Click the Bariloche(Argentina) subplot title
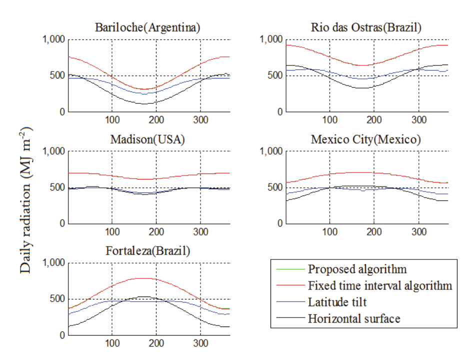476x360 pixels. point(147,28)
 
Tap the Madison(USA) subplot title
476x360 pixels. point(147,139)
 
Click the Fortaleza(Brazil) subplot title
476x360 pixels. point(147,251)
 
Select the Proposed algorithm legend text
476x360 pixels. point(357,269)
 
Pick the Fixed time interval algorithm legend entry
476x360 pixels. point(380,285)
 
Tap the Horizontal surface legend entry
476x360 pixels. point(354,318)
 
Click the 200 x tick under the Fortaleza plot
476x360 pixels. point(156,343)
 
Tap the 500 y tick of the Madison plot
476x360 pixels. point(57,187)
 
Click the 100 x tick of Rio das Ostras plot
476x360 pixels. point(329,120)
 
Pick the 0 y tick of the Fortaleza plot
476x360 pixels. point(62,335)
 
